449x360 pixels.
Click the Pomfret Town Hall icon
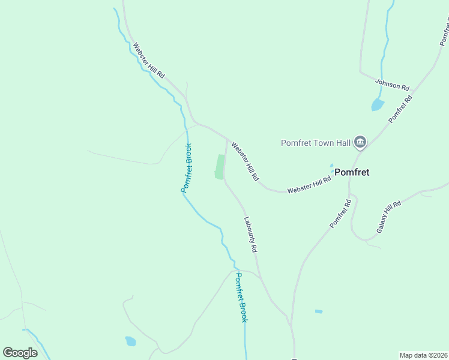[x=360, y=142]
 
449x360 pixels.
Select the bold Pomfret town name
[x=352, y=172]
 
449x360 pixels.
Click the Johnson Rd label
[x=392, y=85]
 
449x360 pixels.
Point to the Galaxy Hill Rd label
[x=389, y=217]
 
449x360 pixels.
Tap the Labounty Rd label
[x=250, y=233]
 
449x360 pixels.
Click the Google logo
[x=20, y=352]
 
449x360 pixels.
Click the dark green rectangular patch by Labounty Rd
[x=220, y=166]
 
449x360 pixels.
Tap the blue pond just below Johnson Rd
[x=377, y=105]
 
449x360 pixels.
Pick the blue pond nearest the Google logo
[x=130, y=341]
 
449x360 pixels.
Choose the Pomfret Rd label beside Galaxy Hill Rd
[x=340, y=214]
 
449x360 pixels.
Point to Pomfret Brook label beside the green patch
[x=187, y=168]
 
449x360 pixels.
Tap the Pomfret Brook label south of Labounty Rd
[x=241, y=298]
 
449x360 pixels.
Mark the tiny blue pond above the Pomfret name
[x=331, y=166]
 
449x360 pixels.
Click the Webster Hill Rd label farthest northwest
[x=148, y=60]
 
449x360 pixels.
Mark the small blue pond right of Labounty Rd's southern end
[x=318, y=311]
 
